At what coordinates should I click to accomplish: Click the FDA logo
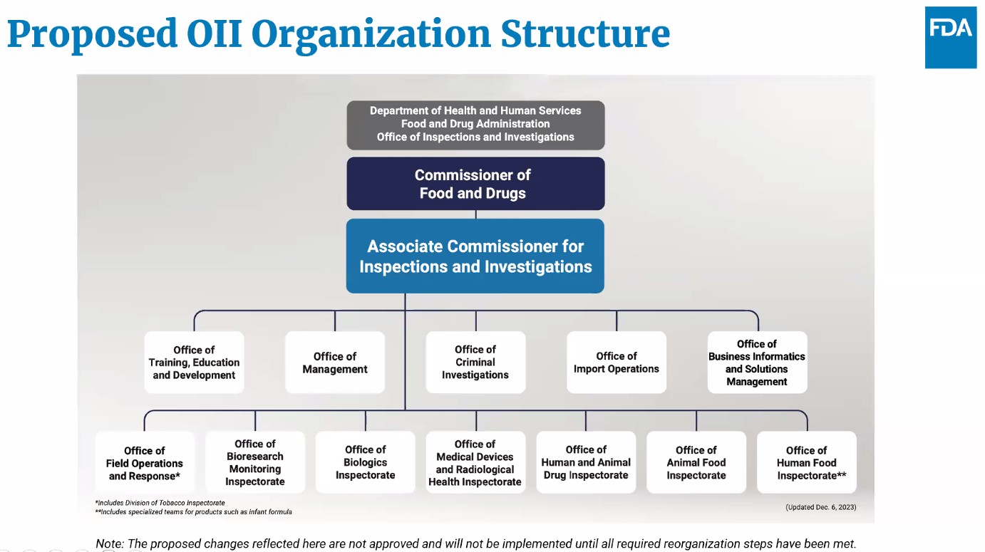pyautogui.click(x=950, y=38)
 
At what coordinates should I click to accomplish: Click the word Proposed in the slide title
pyautogui.click(x=92, y=33)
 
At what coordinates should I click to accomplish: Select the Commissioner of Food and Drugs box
pyautogui.click(x=475, y=184)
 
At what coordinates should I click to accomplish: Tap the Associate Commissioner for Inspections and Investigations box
pyautogui.click(x=475, y=256)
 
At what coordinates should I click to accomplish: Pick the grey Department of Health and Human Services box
pyautogui.click(x=475, y=124)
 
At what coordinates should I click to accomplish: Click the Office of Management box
pyautogui.click(x=335, y=363)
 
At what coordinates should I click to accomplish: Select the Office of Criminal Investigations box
pyautogui.click(x=475, y=363)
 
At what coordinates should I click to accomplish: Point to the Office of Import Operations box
pyautogui.click(x=617, y=363)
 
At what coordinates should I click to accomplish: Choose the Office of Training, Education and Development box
pyautogui.click(x=194, y=363)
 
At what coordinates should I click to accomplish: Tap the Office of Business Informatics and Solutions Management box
pyautogui.click(x=757, y=363)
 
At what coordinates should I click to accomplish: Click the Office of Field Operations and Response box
pyautogui.click(x=145, y=463)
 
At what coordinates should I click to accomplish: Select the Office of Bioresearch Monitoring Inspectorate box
pyautogui.click(x=255, y=463)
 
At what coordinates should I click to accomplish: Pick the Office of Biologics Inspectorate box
pyautogui.click(x=366, y=463)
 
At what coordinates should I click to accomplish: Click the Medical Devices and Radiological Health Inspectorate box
pyautogui.click(x=475, y=463)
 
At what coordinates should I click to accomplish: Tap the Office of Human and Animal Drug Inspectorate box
pyautogui.click(x=586, y=463)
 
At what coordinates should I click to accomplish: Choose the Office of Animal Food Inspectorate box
pyautogui.click(x=696, y=463)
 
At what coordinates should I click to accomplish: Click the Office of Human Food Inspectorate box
pyautogui.click(x=807, y=463)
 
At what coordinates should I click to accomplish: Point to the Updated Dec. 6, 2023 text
pyautogui.click(x=820, y=507)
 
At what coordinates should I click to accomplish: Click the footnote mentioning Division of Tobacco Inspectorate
pyautogui.click(x=160, y=503)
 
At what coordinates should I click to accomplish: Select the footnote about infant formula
pyautogui.click(x=193, y=512)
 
